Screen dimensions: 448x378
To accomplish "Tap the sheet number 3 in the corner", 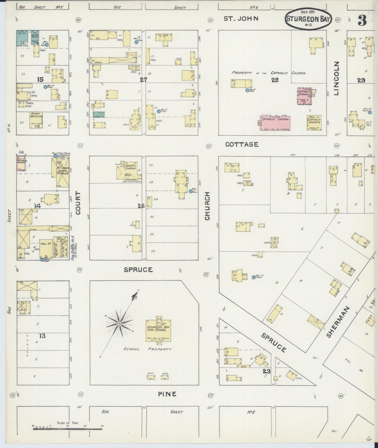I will [362, 20].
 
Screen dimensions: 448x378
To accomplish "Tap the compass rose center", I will [119, 324].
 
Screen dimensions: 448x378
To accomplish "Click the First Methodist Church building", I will [36, 120].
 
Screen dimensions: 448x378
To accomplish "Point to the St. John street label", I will [241, 19].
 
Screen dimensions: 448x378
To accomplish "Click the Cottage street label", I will [242, 144].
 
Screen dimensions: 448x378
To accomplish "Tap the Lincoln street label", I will [336, 78].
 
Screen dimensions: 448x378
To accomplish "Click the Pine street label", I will [167, 394].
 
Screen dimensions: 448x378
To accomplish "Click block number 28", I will [275, 80].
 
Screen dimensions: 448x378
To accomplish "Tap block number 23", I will [267, 371].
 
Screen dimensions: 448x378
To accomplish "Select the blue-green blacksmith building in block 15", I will [23, 38].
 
